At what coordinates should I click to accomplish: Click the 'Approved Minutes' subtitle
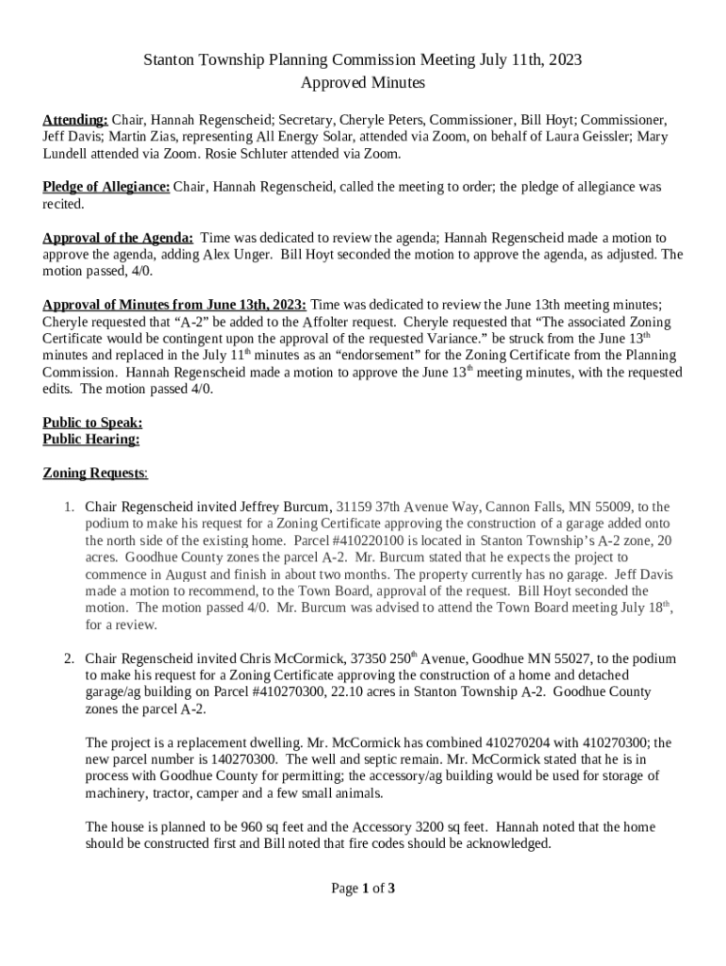tap(363, 83)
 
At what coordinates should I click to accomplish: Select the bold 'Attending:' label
tap(75, 120)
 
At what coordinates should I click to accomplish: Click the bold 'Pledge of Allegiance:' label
tap(107, 187)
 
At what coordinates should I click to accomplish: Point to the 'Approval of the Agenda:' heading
tap(119, 238)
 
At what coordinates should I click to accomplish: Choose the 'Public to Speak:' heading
tap(92, 423)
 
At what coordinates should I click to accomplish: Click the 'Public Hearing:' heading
tap(91, 439)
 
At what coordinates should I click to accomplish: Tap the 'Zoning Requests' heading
tap(94, 473)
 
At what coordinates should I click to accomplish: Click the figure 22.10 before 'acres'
tap(347, 691)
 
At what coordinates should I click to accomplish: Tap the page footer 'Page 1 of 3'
tap(363, 888)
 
